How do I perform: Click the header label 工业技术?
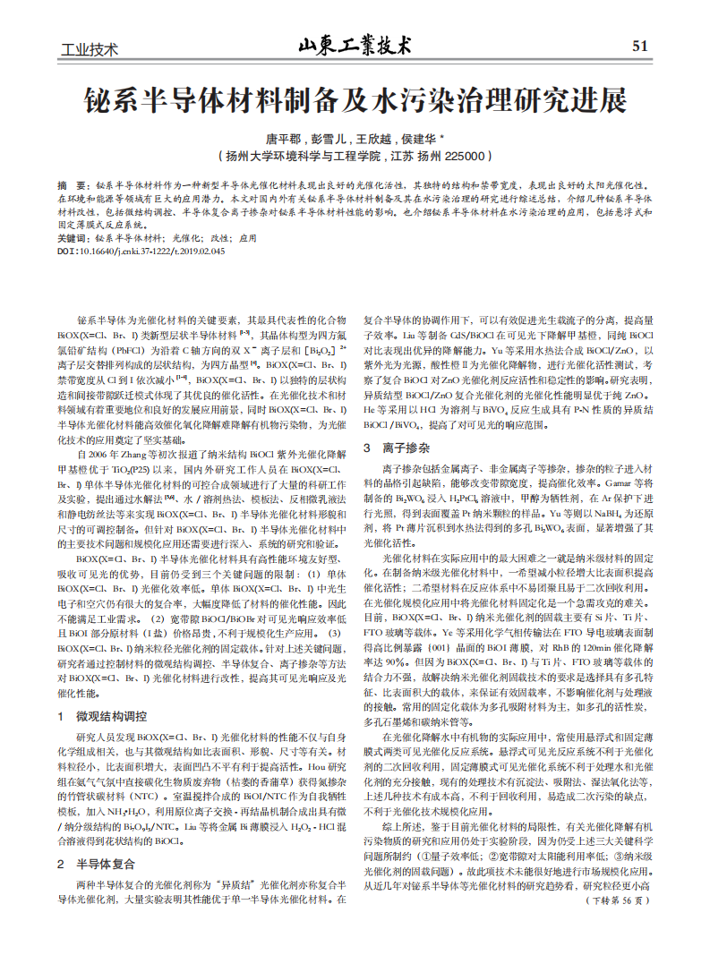tap(89, 49)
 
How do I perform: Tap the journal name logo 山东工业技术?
tap(355, 45)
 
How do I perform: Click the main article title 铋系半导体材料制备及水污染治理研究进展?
tap(355, 100)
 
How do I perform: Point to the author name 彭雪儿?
tap(325, 140)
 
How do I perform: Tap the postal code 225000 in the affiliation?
tap(468, 156)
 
